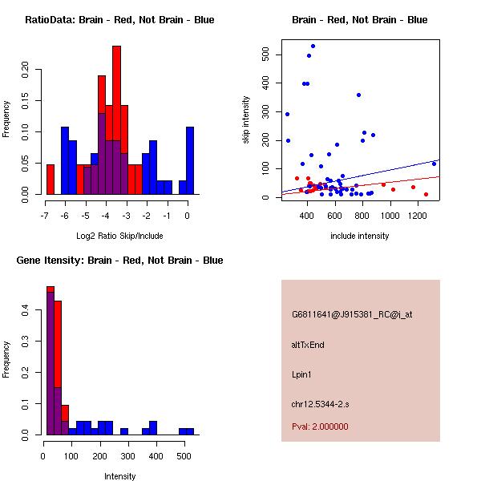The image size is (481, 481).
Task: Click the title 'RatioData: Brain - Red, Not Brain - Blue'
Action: [x=119, y=20]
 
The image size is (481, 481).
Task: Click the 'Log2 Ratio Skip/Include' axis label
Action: [x=119, y=235]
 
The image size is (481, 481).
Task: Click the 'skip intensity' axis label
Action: [x=246, y=120]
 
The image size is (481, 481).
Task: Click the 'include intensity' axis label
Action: [x=360, y=236]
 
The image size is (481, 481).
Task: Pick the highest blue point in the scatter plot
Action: [x=313, y=46]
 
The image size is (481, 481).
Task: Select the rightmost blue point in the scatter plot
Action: [x=434, y=164]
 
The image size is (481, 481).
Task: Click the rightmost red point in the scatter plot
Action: [x=426, y=194]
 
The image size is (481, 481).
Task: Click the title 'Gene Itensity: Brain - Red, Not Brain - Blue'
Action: [x=119, y=261]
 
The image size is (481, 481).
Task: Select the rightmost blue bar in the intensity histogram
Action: [x=185, y=431]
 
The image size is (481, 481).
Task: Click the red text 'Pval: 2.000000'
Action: [x=320, y=426]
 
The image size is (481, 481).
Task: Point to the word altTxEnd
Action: [x=308, y=344]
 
